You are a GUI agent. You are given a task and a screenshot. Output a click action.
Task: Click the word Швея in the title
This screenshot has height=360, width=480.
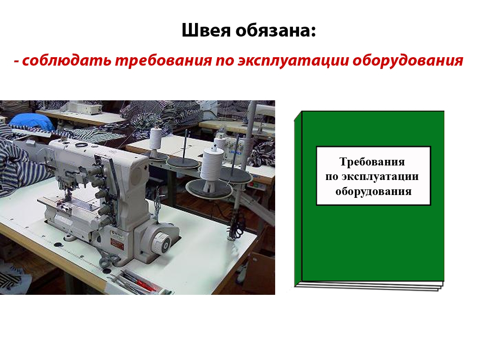click(x=206, y=30)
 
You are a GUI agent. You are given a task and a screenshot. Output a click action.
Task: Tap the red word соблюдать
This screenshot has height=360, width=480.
click(x=67, y=60)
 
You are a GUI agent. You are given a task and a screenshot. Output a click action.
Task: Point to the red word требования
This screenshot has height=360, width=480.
click(x=163, y=60)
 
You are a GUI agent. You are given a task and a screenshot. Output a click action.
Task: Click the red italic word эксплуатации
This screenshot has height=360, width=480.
click(x=293, y=60)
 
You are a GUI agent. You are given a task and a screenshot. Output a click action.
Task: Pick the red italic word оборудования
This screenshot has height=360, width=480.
click(x=408, y=60)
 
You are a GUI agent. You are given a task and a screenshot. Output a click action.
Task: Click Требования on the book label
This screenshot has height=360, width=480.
click(x=372, y=162)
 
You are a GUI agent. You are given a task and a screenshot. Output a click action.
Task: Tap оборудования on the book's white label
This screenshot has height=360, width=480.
click(x=373, y=191)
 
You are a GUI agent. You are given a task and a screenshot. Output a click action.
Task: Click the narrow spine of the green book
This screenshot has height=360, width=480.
click(x=298, y=199)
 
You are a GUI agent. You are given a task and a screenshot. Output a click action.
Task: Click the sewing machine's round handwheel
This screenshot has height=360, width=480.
click(x=161, y=243)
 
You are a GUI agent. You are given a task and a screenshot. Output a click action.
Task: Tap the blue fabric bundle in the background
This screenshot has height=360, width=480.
click(x=32, y=121)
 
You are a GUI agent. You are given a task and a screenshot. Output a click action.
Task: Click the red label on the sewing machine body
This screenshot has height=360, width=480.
click(x=117, y=244)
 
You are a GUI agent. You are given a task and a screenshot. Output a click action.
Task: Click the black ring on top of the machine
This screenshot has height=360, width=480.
click(x=82, y=144)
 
